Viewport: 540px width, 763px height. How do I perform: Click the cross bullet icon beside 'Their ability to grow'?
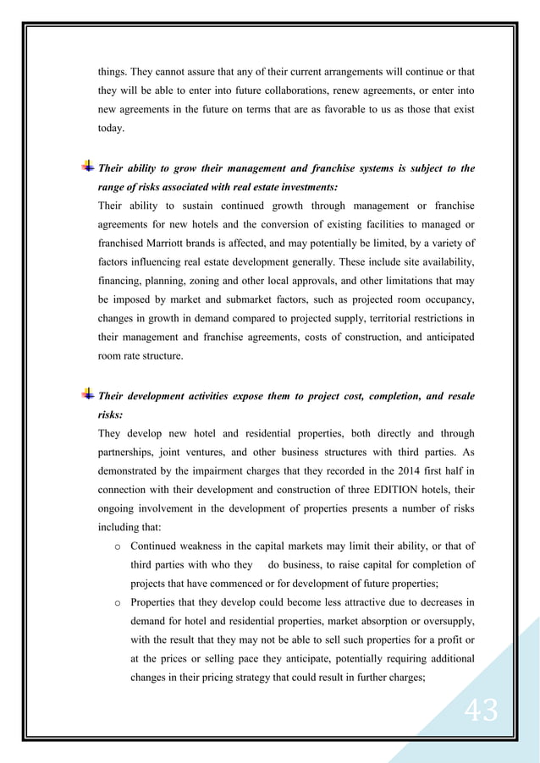tap(88, 167)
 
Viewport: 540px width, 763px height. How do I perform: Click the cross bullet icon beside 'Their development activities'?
tap(88, 395)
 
